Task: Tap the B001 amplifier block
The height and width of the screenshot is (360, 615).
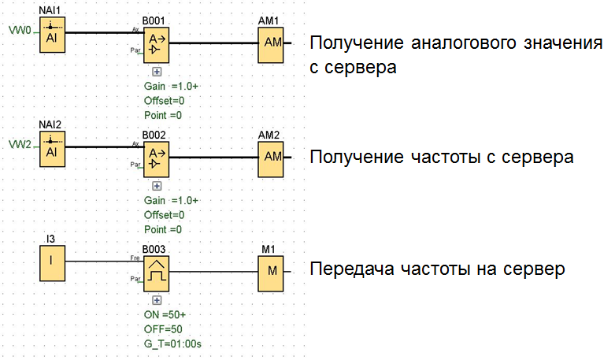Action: click(156, 43)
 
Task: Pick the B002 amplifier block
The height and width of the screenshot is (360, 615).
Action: click(156, 157)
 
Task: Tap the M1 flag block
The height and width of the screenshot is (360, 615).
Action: click(272, 270)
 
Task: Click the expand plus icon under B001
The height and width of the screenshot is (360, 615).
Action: click(156, 72)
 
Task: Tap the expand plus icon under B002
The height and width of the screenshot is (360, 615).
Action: click(156, 186)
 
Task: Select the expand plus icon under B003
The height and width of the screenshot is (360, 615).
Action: click(156, 300)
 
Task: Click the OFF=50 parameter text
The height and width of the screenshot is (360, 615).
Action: click(164, 328)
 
